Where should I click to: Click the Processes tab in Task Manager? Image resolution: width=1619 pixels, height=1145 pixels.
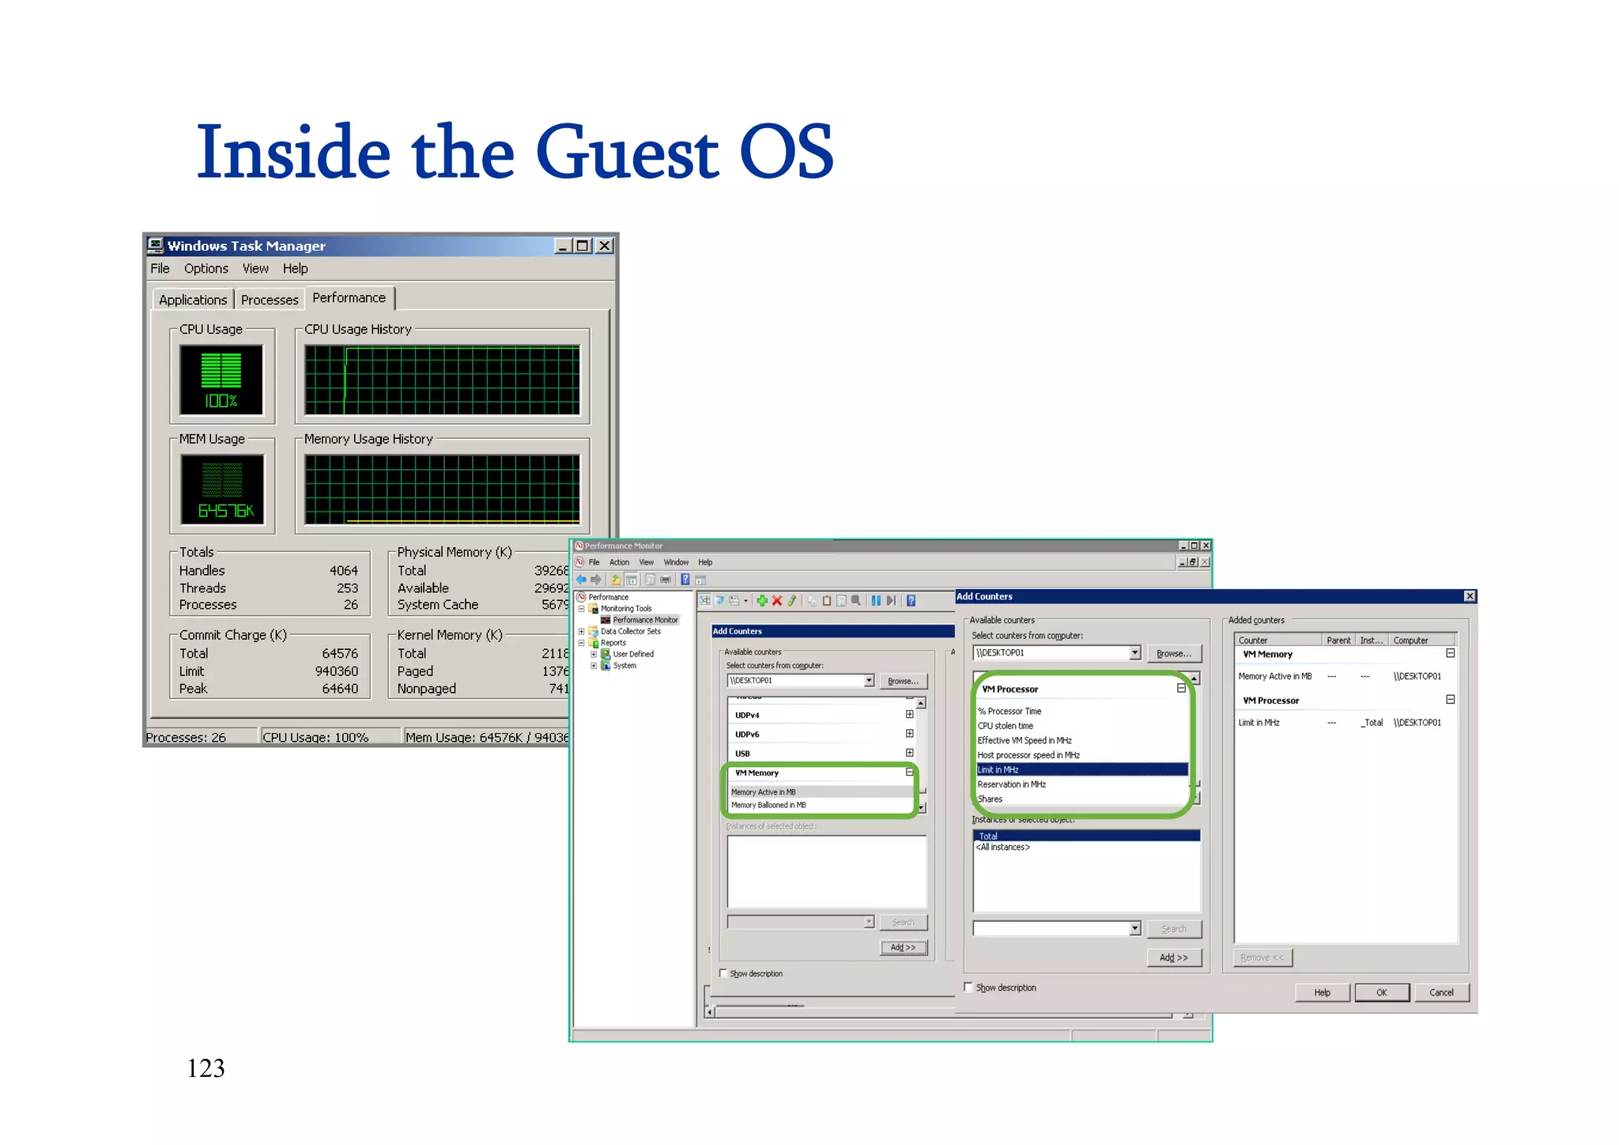coord(270,300)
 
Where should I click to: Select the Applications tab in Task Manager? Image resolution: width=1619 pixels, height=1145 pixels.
coord(193,300)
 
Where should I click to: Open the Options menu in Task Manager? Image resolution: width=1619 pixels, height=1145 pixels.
coord(206,269)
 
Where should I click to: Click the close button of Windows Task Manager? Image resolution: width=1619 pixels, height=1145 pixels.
coord(604,246)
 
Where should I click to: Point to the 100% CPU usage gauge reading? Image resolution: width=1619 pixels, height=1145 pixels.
coord(221,401)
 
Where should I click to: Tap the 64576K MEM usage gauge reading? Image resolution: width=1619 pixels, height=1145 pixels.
coord(225,511)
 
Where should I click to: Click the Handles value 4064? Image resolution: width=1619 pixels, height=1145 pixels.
coord(343,570)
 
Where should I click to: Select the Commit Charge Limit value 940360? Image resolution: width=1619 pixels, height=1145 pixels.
coord(336,671)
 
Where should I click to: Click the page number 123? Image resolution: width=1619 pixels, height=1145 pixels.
coord(206,1068)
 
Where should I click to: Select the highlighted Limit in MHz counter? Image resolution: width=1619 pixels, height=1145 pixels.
coord(998,769)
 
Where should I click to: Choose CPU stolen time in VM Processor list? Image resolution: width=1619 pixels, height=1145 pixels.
coord(1006,726)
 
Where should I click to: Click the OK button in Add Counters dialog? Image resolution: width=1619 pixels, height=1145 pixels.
coord(1381,992)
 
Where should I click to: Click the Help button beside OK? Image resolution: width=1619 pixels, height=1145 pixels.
coord(1322,992)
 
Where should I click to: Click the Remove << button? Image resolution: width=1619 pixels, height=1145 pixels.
coord(1262,958)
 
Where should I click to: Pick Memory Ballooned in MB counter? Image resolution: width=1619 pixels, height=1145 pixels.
coord(768,805)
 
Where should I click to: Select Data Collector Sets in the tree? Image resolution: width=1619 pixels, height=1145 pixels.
coord(630,631)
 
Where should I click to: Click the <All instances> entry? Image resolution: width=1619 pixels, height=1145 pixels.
coord(1003,847)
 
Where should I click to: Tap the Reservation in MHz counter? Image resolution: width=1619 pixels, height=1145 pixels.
coord(1012,784)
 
